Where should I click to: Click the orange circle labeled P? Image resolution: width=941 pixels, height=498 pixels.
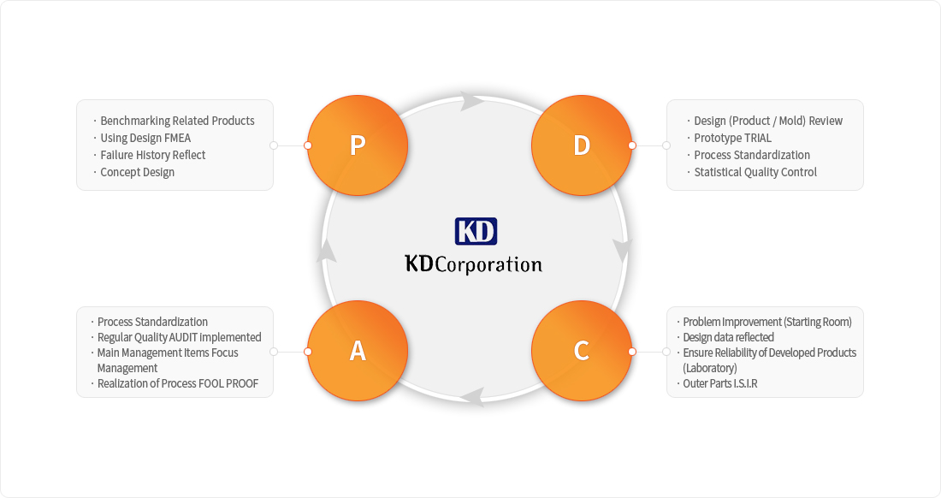point(358,145)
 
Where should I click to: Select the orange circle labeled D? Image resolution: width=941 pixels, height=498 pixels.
point(582,145)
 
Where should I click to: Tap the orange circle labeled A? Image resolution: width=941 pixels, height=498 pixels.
point(358,351)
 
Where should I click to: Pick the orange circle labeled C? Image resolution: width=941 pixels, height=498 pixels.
point(582,351)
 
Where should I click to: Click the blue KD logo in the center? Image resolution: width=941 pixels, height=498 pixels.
point(476,231)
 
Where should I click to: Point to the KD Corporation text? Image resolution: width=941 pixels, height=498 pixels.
point(474,264)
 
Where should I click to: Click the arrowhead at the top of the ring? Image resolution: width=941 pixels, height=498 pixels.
point(472,101)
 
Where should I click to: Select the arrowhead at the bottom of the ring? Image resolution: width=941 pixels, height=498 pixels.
point(473,397)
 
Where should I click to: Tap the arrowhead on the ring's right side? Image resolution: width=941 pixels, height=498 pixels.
point(622,250)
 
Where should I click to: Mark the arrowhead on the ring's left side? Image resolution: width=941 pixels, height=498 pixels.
point(326,250)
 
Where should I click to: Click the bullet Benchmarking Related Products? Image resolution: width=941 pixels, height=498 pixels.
point(174,121)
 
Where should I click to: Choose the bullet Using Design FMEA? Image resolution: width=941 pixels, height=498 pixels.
point(142,138)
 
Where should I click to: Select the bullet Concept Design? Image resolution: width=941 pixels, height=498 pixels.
point(133,172)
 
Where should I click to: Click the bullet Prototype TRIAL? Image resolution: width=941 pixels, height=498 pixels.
point(729,138)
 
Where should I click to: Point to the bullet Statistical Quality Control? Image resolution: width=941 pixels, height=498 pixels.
point(751,172)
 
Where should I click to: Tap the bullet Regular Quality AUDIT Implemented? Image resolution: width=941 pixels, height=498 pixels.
point(176,337)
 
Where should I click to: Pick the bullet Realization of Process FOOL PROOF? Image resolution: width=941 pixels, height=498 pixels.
point(175,383)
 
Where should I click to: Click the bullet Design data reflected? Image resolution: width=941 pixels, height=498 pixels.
point(725,337)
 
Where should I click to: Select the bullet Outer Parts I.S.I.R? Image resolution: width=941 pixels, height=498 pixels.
point(717,383)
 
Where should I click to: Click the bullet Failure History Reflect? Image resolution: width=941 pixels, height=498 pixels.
point(149,155)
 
